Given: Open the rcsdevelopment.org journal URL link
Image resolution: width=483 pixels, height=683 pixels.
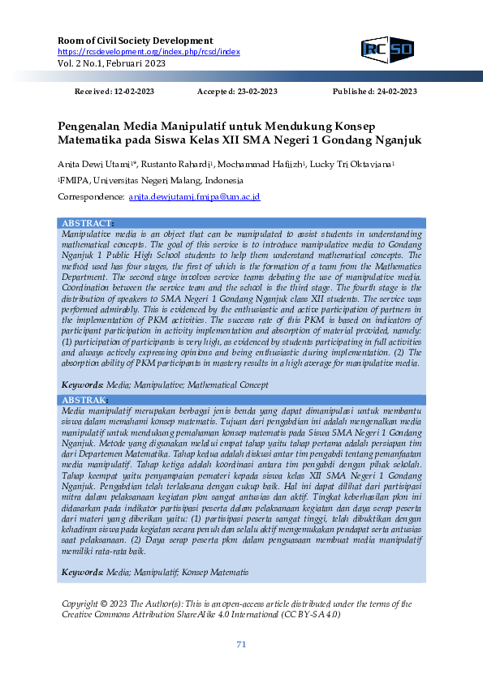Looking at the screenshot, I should pyautogui.click(x=149, y=52).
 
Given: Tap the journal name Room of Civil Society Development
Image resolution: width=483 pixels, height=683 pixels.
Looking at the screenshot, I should pyautogui.click(x=136, y=41).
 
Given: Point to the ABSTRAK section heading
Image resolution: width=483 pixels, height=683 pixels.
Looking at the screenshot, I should pyautogui.click(x=84, y=401).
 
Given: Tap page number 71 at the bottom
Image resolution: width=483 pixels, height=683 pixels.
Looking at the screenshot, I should pyautogui.click(x=241, y=645).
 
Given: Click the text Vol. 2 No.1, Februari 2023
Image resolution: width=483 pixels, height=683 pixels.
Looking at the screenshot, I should pyautogui.click(x=111, y=62).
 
